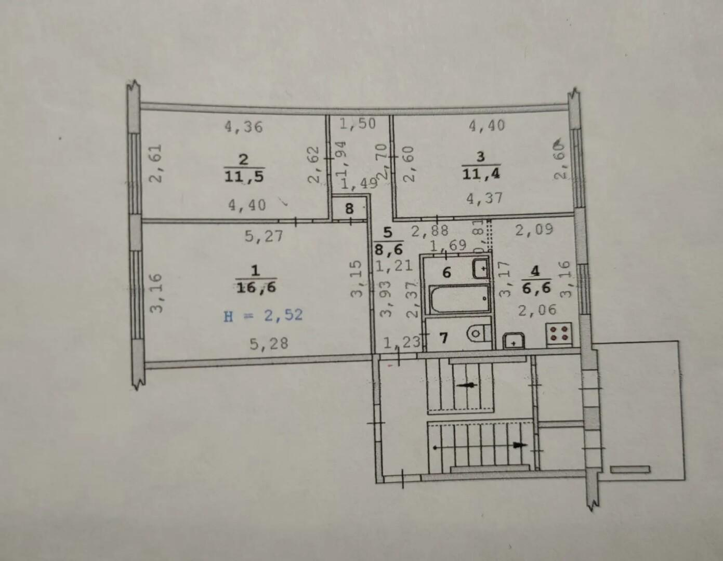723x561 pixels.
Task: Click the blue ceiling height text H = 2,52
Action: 263,315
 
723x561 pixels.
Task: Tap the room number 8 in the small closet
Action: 349,209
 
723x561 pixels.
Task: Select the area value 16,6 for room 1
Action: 256,287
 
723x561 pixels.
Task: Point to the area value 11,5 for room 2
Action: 244,176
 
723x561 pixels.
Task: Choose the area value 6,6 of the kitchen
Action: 536,288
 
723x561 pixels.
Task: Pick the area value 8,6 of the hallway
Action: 389,248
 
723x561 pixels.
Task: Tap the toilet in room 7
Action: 479,333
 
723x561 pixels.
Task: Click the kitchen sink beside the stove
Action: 514,341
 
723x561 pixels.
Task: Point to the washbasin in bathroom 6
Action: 481,269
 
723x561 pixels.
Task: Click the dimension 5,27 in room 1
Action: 264,236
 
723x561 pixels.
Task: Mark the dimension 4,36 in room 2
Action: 244,127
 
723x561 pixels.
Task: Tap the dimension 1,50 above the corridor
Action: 358,124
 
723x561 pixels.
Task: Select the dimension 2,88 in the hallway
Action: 430,231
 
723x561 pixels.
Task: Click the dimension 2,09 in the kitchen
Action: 534,229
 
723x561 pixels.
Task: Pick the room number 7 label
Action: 443,338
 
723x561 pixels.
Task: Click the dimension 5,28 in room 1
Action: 269,344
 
